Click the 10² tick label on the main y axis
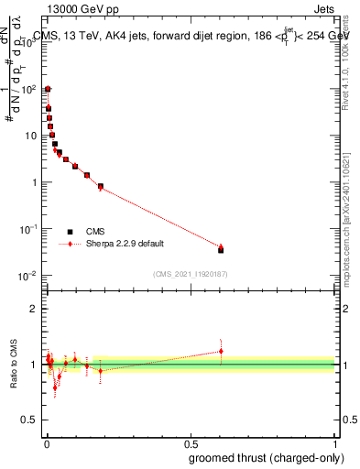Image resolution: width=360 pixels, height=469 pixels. click(29, 89)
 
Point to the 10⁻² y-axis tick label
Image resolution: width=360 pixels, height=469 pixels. click(29, 276)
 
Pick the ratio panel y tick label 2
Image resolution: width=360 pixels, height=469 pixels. click(37, 309)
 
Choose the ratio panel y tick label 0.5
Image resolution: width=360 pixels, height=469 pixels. click(33, 421)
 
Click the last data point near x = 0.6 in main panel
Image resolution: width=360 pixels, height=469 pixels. click(221, 248)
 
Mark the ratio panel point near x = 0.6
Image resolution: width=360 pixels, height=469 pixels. click(221, 351)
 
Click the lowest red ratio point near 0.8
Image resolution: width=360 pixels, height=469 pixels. click(55, 387)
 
